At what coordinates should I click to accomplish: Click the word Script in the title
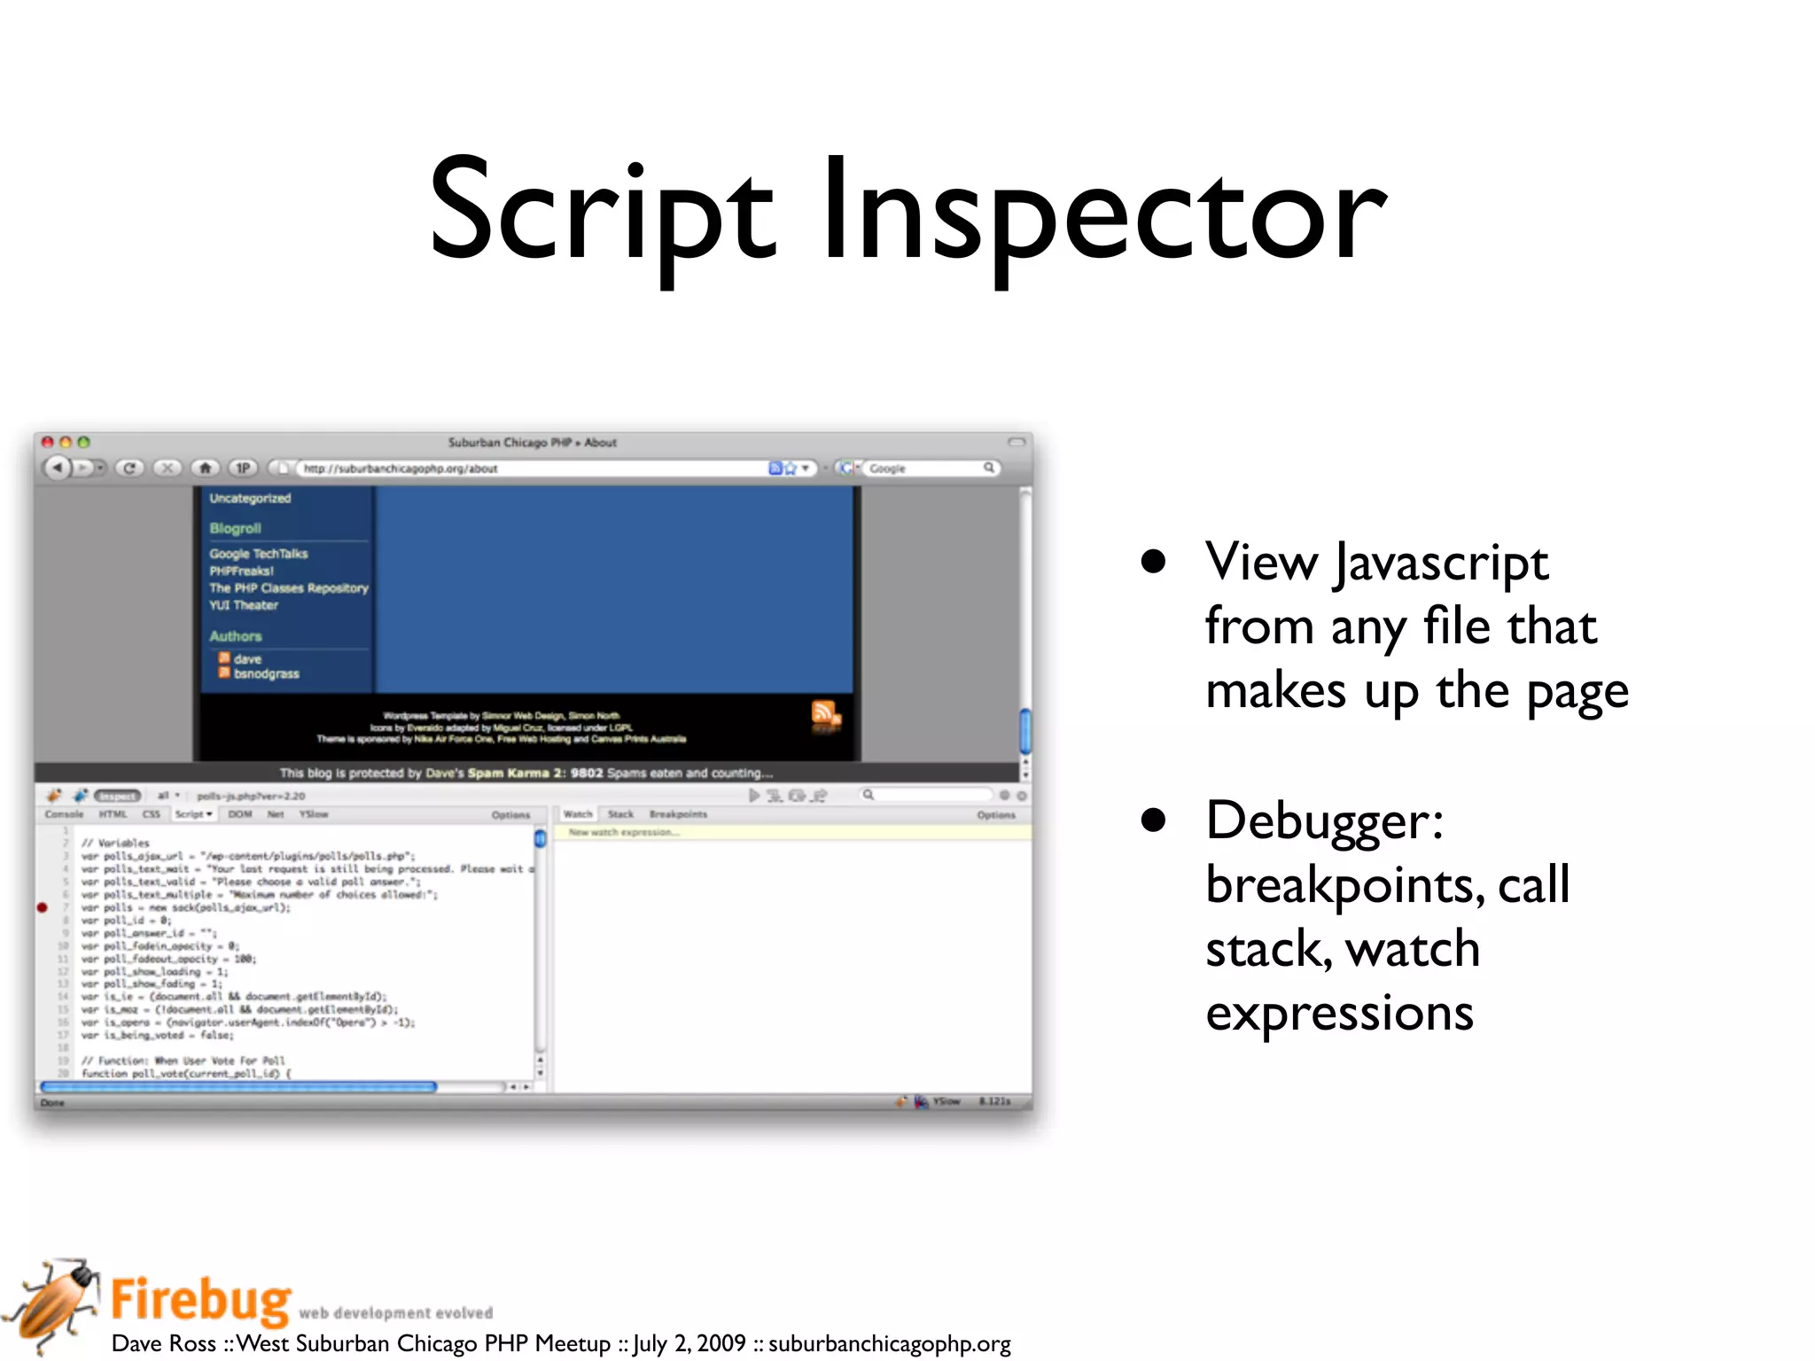tap(603, 213)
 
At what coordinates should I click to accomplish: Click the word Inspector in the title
tap(1103, 213)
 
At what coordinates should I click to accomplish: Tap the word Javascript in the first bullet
tap(1442, 563)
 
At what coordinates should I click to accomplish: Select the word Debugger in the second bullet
tap(1323, 820)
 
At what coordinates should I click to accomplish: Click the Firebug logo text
tap(201, 1299)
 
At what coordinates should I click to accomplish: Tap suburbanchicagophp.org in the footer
tap(889, 1343)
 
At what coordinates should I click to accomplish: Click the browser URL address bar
tap(532, 468)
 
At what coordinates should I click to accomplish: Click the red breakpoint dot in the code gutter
tap(42, 907)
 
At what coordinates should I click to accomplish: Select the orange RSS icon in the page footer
tap(824, 713)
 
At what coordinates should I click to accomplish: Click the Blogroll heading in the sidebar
tap(235, 528)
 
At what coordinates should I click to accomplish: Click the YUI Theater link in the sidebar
tap(244, 605)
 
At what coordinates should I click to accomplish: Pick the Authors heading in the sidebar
tap(235, 636)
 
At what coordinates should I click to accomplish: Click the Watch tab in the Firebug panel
tap(578, 813)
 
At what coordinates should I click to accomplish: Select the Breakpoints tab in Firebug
tap(678, 813)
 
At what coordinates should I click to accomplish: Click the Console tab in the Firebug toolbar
tap(64, 813)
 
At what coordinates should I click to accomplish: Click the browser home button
tap(206, 468)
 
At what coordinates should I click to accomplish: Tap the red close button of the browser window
tap(48, 442)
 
